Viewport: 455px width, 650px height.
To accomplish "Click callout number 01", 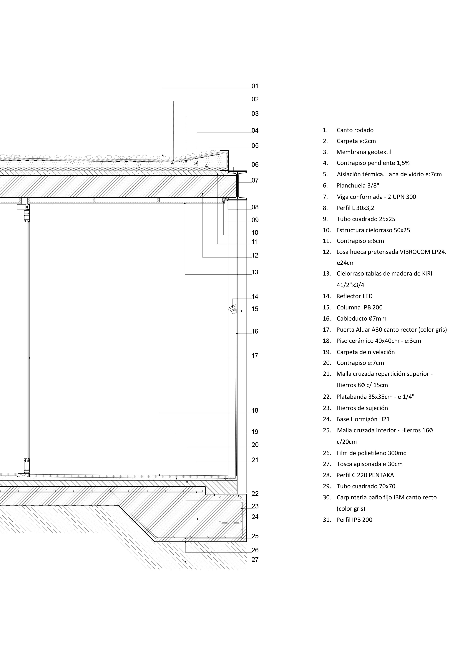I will (255, 86).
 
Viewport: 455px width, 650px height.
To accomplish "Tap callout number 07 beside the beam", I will (255, 180).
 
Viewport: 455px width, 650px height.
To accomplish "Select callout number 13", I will (255, 272).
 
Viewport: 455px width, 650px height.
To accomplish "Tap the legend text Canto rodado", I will (355, 130).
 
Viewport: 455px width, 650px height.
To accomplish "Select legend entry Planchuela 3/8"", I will (357, 186).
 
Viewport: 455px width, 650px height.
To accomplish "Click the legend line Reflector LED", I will (354, 296).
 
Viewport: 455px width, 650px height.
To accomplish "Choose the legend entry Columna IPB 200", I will (359, 307).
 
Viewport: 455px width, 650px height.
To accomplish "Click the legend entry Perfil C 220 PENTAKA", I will (365, 475).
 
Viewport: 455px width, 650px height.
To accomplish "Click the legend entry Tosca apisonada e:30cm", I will (369, 464).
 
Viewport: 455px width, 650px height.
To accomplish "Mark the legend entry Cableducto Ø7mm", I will (361, 319).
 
